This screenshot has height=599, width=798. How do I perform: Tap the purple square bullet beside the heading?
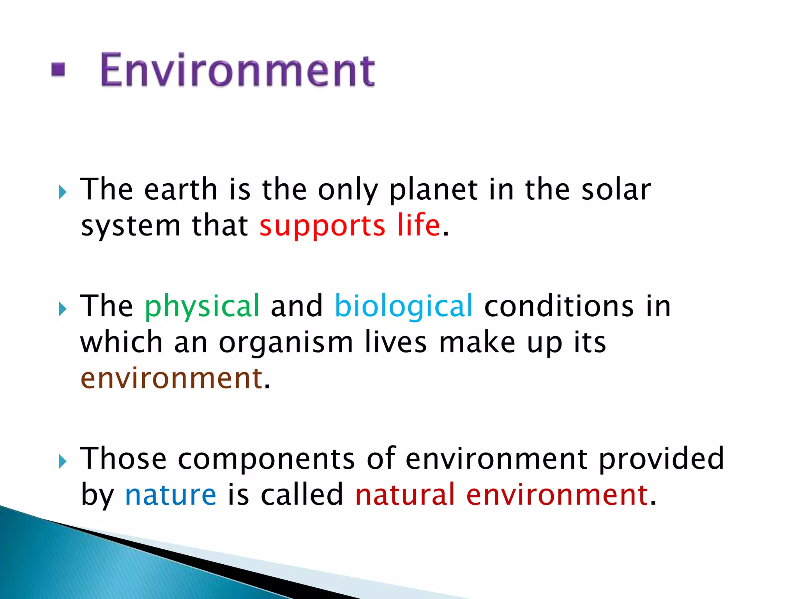tap(58, 70)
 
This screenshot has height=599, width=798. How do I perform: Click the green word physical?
tap(202, 307)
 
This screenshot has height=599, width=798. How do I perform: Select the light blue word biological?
tap(404, 306)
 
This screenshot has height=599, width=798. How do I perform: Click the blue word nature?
tap(170, 494)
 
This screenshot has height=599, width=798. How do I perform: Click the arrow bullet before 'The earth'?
tap(63, 192)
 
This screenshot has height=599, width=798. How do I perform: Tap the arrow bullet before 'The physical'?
tap(63, 309)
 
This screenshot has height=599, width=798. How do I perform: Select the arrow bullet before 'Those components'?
tap(63, 462)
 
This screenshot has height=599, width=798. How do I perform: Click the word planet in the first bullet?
tap(433, 190)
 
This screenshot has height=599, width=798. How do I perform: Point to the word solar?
tap(616, 190)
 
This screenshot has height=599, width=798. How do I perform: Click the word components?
tap(267, 459)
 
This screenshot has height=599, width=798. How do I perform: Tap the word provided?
tap(661, 459)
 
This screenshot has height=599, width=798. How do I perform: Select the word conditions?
tap(559, 306)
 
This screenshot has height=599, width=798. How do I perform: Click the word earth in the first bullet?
tap(180, 190)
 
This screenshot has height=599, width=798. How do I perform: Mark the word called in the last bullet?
tap(302, 494)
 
